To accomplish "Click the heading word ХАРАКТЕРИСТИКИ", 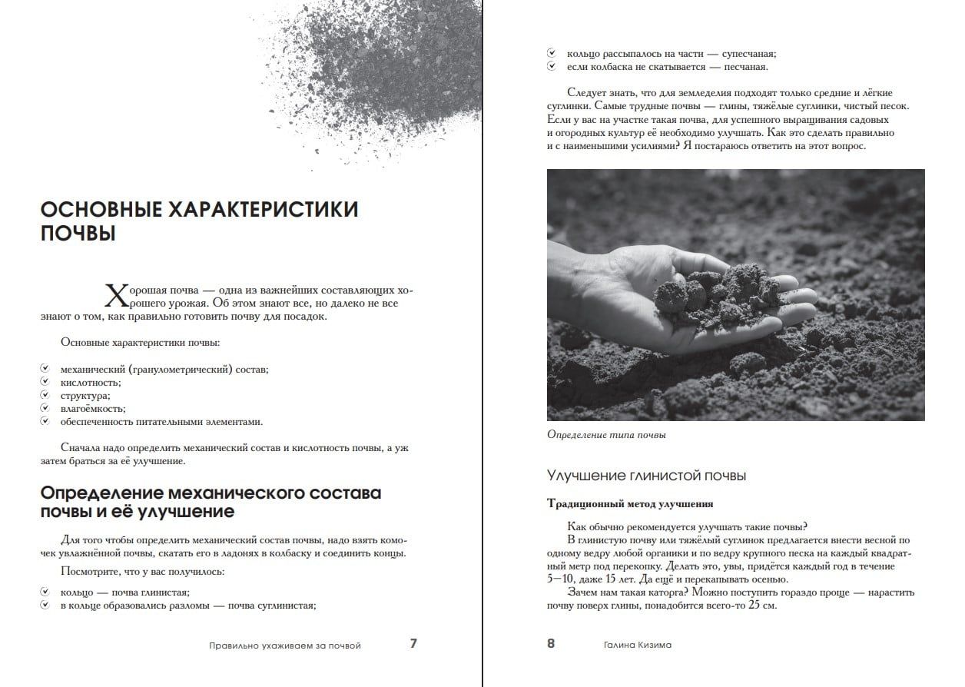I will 264,209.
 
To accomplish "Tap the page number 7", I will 413,644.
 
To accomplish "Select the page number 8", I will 551,644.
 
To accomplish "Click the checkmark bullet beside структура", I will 45,395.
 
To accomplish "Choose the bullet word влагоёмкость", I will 93,408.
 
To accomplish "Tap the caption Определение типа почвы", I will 606,435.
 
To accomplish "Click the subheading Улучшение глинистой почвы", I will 646,476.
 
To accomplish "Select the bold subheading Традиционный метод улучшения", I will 630,504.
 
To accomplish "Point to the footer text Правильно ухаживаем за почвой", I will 285,646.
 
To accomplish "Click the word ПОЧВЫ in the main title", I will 78,234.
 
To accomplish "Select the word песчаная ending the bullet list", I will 744,67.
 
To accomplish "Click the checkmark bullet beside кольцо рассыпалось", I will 551,53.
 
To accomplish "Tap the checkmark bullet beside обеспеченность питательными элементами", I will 45,421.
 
